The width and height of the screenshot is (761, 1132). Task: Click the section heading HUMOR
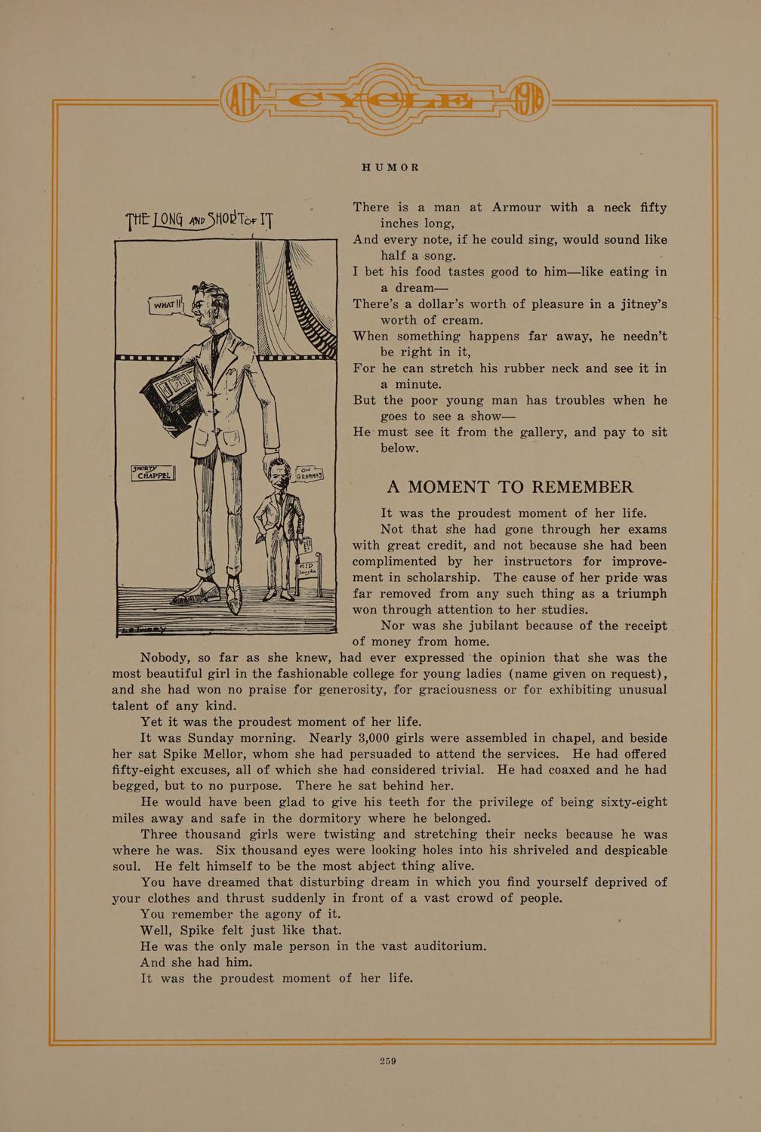tap(389, 167)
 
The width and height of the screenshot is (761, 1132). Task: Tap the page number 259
tap(388, 1061)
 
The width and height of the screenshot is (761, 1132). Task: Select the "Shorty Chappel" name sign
tap(153, 474)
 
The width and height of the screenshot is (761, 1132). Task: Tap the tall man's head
tap(207, 306)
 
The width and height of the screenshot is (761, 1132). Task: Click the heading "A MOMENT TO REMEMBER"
tap(510, 487)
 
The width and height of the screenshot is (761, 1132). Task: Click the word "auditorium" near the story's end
tap(443, 946)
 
